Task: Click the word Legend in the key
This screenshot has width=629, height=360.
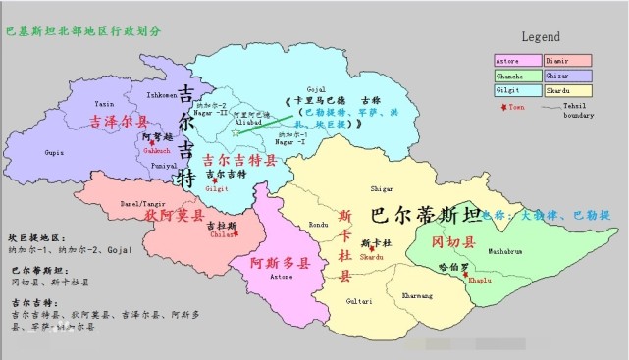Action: (540, 36)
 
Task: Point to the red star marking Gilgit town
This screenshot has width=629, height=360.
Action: (215, 180)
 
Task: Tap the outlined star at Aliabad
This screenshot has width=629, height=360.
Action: (236, 131)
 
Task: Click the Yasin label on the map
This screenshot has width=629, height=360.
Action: (105, 103)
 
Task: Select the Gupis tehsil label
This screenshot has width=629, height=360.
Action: (55, 153)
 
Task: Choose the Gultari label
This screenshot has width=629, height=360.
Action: (358, 301)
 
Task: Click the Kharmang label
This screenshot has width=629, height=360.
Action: (416, 293)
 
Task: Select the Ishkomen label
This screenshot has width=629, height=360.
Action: (162, 95)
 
